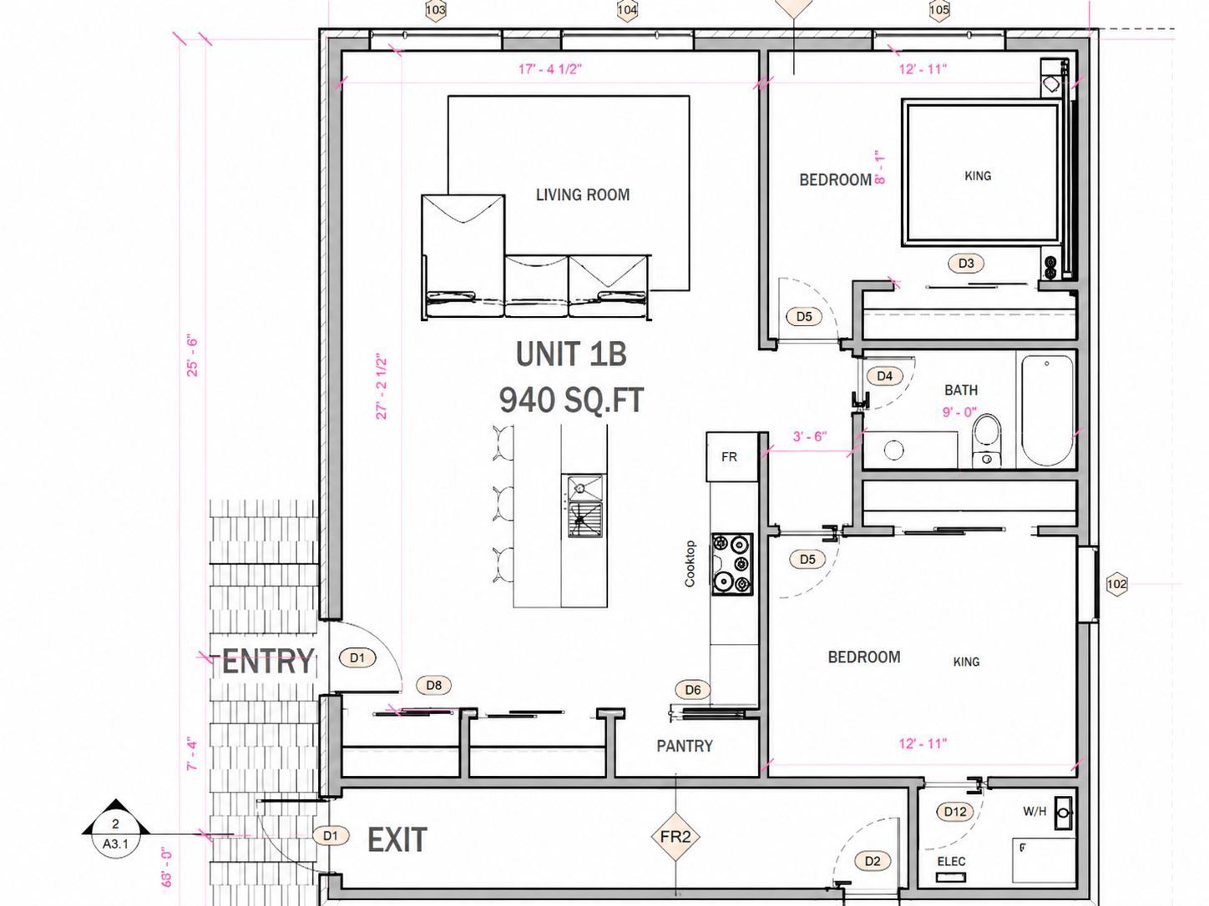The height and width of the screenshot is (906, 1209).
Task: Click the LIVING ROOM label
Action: (582, 194)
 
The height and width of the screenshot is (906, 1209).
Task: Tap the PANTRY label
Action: (685, 746)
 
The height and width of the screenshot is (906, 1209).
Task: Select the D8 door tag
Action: (434, 685)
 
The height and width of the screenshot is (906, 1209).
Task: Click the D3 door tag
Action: (966, 263)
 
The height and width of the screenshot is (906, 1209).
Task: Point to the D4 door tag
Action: (884, 376)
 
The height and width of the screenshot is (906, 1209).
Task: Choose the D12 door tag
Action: (954, 812)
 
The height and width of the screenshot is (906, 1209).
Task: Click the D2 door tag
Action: (873, 861)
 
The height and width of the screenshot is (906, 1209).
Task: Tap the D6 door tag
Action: (693, 689)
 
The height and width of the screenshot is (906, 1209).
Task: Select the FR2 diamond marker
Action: (675, 837)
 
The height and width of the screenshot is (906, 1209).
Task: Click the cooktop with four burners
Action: (732, 564)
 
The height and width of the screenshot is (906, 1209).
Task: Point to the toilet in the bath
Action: (986, 441)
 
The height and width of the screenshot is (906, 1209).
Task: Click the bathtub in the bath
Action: (1047, 410)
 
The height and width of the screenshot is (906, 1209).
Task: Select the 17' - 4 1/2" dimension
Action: (549, 69)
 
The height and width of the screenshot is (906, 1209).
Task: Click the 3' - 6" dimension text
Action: (810, 436)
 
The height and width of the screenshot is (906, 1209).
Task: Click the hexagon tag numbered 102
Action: (1117, 584)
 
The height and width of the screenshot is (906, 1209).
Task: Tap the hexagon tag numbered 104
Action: (627, 9)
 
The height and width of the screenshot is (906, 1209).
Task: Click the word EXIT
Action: (397, 839)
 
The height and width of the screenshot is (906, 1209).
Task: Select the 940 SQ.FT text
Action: (571, 400)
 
